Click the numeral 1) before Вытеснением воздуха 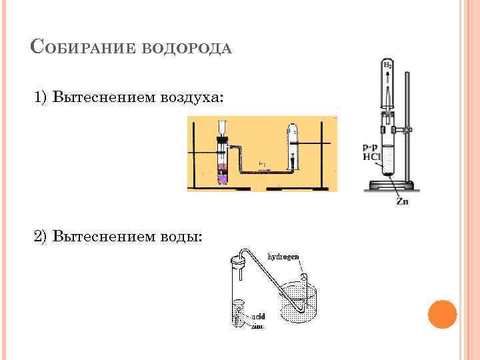42,98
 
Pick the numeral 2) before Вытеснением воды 42,236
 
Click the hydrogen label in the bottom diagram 283,256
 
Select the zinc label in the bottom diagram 257,327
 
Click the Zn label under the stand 403,201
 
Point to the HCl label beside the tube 371,157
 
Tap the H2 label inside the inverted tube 387,65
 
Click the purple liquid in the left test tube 222,175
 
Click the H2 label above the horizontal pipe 262,164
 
